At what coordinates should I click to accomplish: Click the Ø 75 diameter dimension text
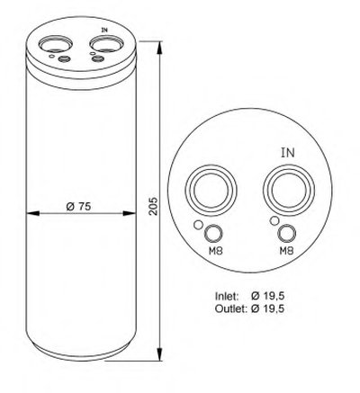click(x=78, y=206)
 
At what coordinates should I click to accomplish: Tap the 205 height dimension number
click(x=153, y=206)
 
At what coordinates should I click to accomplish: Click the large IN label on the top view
click(x=288, y=153)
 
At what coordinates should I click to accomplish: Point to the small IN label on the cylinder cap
click(x=104, y=30)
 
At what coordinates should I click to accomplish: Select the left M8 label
click(x=216, y=250)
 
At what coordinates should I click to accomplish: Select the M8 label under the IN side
click(x=286, y=250)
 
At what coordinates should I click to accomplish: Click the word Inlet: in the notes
click(x=227, y=296)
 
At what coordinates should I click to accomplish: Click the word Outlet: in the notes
click(x=230, y=308)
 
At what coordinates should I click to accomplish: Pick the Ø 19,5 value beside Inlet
click(x=268, y=296)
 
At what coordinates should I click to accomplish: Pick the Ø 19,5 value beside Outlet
click(x=268, y=308)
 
